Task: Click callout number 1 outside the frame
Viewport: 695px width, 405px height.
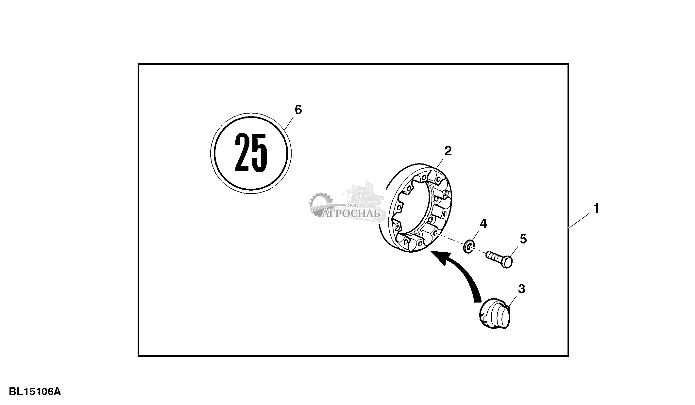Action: click(x=596, y=209)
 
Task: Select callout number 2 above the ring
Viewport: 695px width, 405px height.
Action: click(x=448, y=151)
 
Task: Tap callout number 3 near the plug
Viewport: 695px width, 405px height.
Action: click(x=521, y=289)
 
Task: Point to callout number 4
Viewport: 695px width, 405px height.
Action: click(x=483, y=224)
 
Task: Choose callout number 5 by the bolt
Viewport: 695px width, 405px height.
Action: click(x=523, y=239)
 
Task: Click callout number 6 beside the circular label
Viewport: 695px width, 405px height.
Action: click(x=298, y=110)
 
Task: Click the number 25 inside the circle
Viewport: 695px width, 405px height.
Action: click(x=251, y=153)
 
